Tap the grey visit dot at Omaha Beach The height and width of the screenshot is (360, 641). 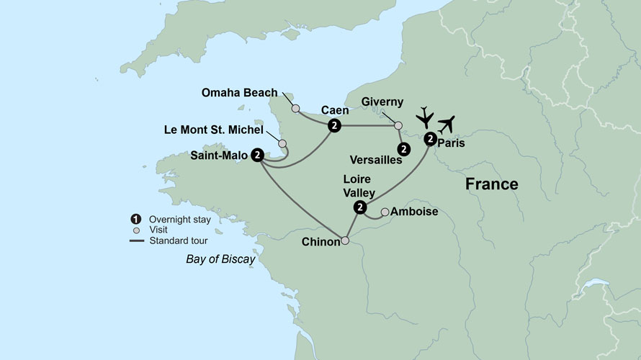pos(295,109)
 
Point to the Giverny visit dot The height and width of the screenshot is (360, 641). pos(398,125)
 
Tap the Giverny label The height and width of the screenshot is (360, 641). pos(382,102)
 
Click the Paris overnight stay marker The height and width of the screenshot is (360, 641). pos(429,138)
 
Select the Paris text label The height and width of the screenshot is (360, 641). pos(451,143)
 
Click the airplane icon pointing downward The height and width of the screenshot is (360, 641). pos(426,117)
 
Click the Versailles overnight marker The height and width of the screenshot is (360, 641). pos(404,149)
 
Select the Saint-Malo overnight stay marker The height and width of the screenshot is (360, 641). pos(257,155)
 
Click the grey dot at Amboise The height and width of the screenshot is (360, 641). pos(385,212)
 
